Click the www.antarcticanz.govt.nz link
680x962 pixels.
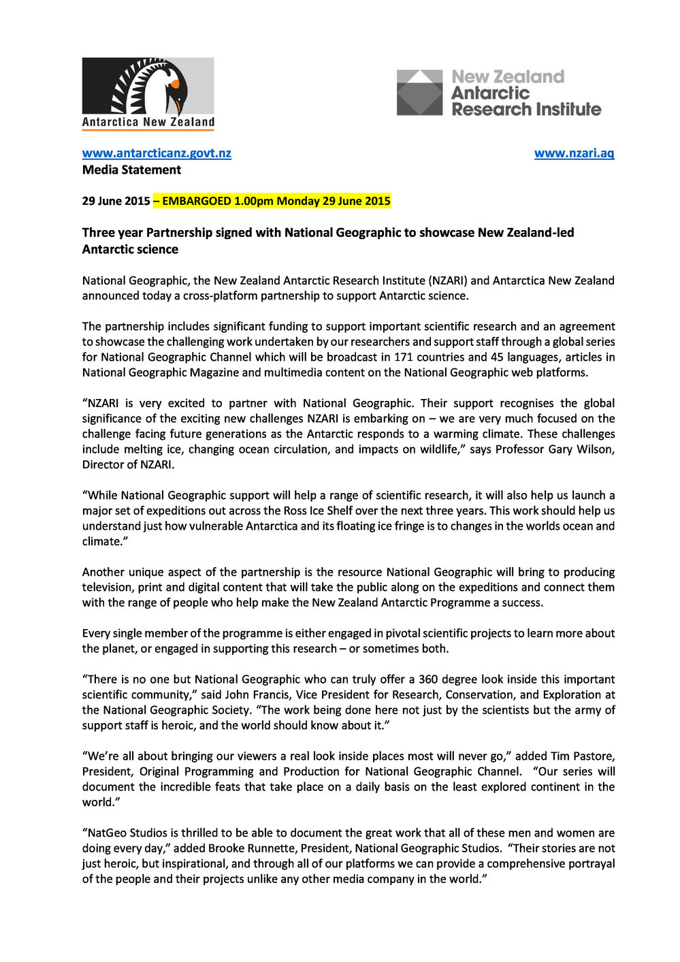157,153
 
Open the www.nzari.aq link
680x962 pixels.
574,153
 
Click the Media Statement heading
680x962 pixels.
131,170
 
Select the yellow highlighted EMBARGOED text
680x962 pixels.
272,201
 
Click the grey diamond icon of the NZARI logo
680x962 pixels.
419,93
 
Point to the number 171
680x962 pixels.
404,357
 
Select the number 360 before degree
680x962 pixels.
428,679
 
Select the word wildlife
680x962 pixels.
436,449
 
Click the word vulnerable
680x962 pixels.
210,526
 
